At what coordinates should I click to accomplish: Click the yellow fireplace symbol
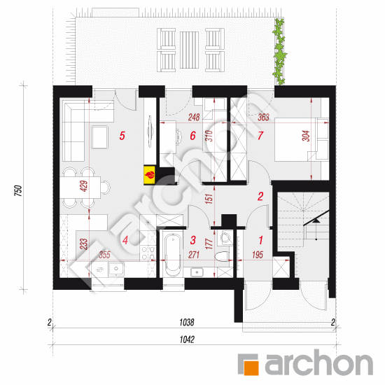tap(150, 175)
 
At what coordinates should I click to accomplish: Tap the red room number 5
tap(122, 136)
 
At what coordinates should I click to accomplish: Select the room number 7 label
tap(260, 136)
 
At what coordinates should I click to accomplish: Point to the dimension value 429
tap(84, 186)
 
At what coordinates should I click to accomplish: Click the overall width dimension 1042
tap(187, 339)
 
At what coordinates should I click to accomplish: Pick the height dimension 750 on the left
tap(19, 190)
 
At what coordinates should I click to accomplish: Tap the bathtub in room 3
tap(173, 255)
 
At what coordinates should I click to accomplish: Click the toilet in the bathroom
tap(222, 257)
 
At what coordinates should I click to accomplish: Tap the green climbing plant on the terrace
tap(279, 51)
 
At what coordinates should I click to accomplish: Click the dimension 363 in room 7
tap(263, 117)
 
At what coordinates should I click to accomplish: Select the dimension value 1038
tap(187, 323)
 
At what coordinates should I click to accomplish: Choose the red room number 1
tap(260, 240)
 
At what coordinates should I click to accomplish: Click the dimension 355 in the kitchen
tap(104, 255)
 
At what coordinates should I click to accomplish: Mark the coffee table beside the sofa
tap(99, 137)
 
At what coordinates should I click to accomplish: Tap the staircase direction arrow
tap(316, 220)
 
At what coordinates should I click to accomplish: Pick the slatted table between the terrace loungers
tap(189, 50)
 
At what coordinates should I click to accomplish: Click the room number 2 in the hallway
tap(260, 196)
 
